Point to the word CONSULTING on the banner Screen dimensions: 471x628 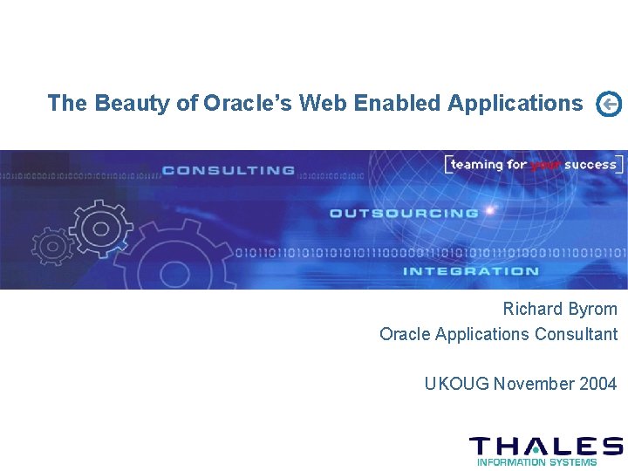(229, 170)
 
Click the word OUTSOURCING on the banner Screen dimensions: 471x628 (403, 213)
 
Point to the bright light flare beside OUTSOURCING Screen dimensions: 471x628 (491, 210)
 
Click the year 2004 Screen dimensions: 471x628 (597, 384)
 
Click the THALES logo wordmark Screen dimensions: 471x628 (546, 446)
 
